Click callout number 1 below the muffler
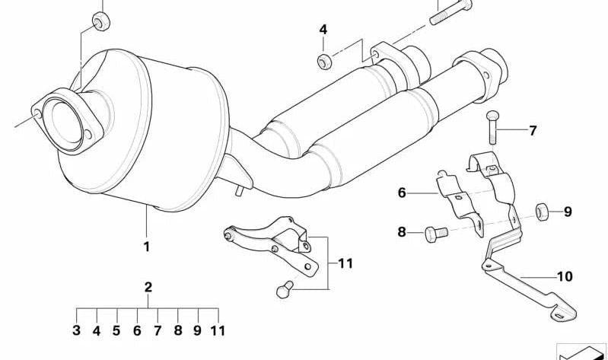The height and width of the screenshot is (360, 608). click(147, 247)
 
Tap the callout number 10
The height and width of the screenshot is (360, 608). click(565, 276)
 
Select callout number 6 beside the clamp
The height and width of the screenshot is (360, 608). click(402, 193)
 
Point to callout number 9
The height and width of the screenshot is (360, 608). click(568, 212)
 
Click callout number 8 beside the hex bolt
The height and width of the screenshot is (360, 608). click(402, 232)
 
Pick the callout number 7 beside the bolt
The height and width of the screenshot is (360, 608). click(533, 131)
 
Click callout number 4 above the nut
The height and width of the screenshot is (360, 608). click(323, 30)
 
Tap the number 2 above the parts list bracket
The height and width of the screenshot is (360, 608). click(148, 288)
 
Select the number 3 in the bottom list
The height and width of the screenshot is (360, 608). click(76, 330)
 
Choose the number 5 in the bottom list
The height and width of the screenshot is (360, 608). click(116, 330)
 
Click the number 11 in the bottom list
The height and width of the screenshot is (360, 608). click(218, 330)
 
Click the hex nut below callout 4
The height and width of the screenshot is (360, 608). click(324, 62)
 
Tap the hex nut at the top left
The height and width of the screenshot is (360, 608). click(100, 21)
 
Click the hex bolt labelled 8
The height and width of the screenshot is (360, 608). click(436, 234)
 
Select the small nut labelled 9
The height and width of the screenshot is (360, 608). click(541, 212)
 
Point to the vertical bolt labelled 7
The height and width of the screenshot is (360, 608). click(492, 127)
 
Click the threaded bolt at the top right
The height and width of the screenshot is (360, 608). click(450, 12)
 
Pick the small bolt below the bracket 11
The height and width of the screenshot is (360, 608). click(285, 289)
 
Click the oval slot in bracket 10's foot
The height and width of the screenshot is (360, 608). click(559, 317)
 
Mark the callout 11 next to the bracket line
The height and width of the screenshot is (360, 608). click(345, 264)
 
